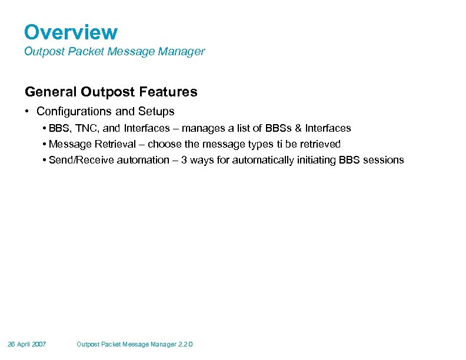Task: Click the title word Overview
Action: tap(71, 32)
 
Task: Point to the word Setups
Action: tap(157, 111)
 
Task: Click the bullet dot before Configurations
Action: tap(28, 111)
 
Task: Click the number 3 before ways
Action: tap(184, 160)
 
